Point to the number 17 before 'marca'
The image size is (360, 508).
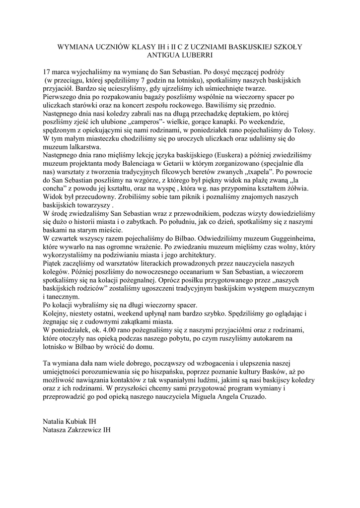pyautogui.click(x=48, y=71)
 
